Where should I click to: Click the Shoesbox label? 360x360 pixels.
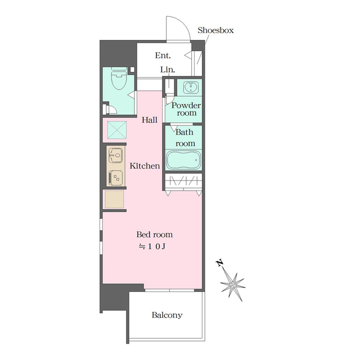215,30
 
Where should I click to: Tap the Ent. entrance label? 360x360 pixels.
163,55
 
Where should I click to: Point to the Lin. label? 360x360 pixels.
168,70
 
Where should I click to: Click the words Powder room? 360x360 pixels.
186,109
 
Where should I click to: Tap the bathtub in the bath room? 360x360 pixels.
183,160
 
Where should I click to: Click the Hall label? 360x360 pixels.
150,120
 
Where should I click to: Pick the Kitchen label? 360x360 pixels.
145,166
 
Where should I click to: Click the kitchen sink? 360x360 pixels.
116,155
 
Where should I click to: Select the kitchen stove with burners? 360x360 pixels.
116,178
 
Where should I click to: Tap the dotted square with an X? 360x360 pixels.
117,130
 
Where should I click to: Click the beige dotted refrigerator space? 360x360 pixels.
114,199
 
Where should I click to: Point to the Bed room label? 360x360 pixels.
155,235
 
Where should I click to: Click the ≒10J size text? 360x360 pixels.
152,246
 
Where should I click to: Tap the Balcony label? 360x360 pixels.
167,315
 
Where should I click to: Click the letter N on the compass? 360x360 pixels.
220,263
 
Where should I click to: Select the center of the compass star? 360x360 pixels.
233,285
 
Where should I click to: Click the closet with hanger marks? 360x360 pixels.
183,181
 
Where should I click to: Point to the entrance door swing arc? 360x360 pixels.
184,23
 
